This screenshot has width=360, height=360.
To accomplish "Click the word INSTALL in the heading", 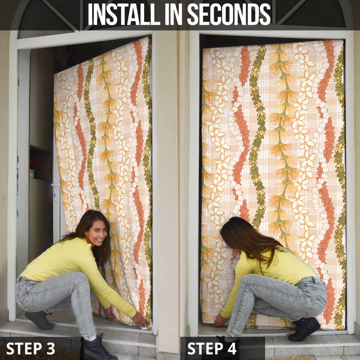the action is [124, 14].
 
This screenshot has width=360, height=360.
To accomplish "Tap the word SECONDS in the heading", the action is [229, 14].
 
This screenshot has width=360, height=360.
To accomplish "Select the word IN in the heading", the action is [173, 14].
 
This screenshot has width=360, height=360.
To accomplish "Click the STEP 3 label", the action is [31, 348].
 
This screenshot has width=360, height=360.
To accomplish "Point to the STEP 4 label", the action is [212, 348].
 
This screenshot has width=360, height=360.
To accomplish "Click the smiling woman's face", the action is [97, 233].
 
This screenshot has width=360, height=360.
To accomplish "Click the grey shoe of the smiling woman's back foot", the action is [39, 320].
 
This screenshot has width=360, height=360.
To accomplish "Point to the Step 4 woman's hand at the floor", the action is [219, 320].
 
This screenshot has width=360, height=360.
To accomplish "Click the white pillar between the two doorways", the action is [168, 184].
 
